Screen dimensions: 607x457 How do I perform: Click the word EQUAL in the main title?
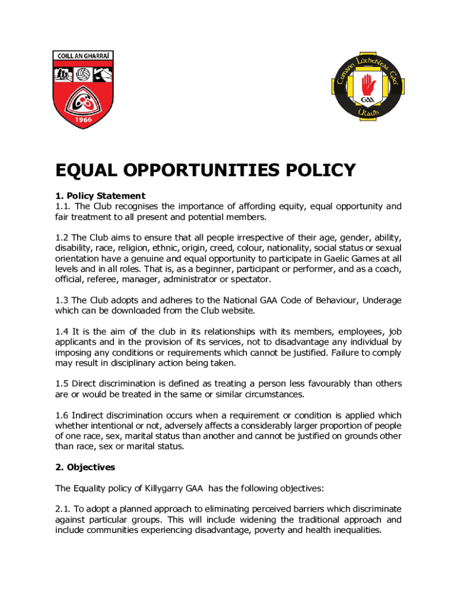coord(84,171)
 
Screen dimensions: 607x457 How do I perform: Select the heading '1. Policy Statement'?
coord(100,196)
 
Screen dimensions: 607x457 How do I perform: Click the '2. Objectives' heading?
coord(85,467)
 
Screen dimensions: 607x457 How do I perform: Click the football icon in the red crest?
coord(82,75)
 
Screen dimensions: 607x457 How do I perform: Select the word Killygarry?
coord(155,488)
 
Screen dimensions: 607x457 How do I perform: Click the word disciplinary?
coord(136,363)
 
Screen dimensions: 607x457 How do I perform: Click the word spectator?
coord(249,279)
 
